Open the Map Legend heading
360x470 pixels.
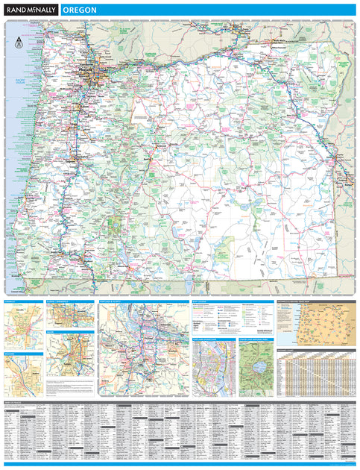[203, 302]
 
